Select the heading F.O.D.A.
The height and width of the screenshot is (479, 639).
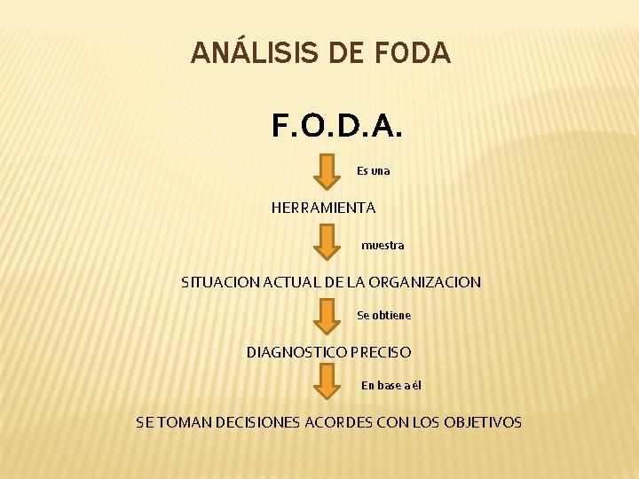click(337, 127)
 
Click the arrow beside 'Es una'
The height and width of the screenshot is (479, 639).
click(328, 171)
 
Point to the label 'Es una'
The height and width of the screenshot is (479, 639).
click(373, 170)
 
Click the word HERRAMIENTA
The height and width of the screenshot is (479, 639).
click(323, 208)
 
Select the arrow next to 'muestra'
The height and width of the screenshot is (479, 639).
click(328, 242)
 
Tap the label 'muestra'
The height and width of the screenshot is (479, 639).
click(383, 246)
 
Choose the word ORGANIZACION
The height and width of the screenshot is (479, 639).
click(427, 283)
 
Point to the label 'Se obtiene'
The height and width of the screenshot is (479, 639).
click(383, 315)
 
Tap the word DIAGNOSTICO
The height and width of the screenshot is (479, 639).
click(296, 352)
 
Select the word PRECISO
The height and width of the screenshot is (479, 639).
click(381, 352)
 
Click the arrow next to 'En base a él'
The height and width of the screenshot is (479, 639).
click(328, 381)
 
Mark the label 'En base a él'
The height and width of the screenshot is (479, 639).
click(391, 385)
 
